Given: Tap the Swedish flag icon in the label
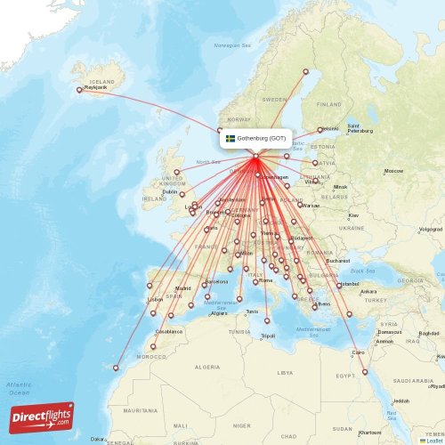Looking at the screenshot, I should [230, 139].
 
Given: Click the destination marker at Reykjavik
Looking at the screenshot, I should [79, 89].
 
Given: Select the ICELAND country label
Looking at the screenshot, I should [102, 81].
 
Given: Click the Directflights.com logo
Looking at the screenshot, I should [42, 416].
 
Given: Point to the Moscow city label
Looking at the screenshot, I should [393, 171].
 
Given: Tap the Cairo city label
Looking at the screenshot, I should [359, 352].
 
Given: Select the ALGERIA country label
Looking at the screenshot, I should [206, 367].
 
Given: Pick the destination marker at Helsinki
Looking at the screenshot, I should [320, 130].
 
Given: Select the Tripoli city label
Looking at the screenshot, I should [268, 336].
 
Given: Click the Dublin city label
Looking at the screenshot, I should [170, 190].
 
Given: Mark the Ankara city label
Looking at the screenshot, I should [368, 291].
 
